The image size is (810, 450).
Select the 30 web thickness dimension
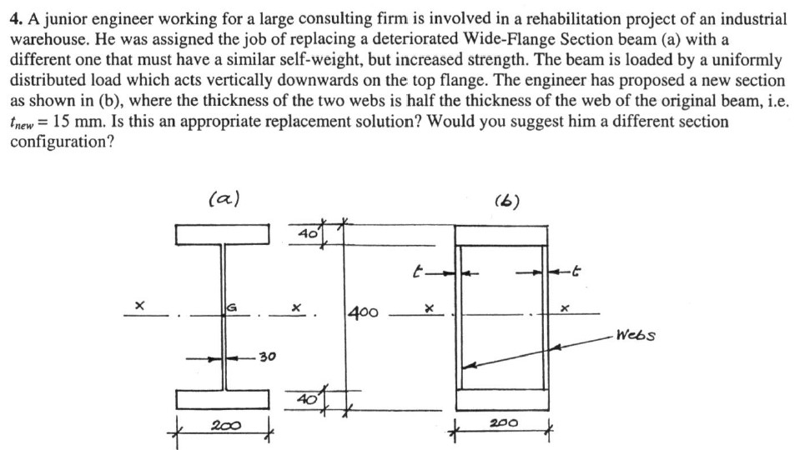pyautogui.click(x=266, y=358)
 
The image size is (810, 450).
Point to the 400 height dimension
pyautogui.click(x=364, y=314)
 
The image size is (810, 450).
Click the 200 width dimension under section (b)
pyautogui.click(x=502, y=422)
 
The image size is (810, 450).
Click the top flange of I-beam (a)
pyautogui.click(x=223, y=233)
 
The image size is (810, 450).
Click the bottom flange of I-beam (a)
pyautogui.click(x=223, y=399)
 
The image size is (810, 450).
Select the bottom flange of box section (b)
pyautogui.click(x=502, y=400)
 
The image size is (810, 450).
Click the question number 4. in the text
pyautogui.click(x=17, y=18)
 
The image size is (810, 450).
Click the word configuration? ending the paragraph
pyautogui.click(x=62, y=141)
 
